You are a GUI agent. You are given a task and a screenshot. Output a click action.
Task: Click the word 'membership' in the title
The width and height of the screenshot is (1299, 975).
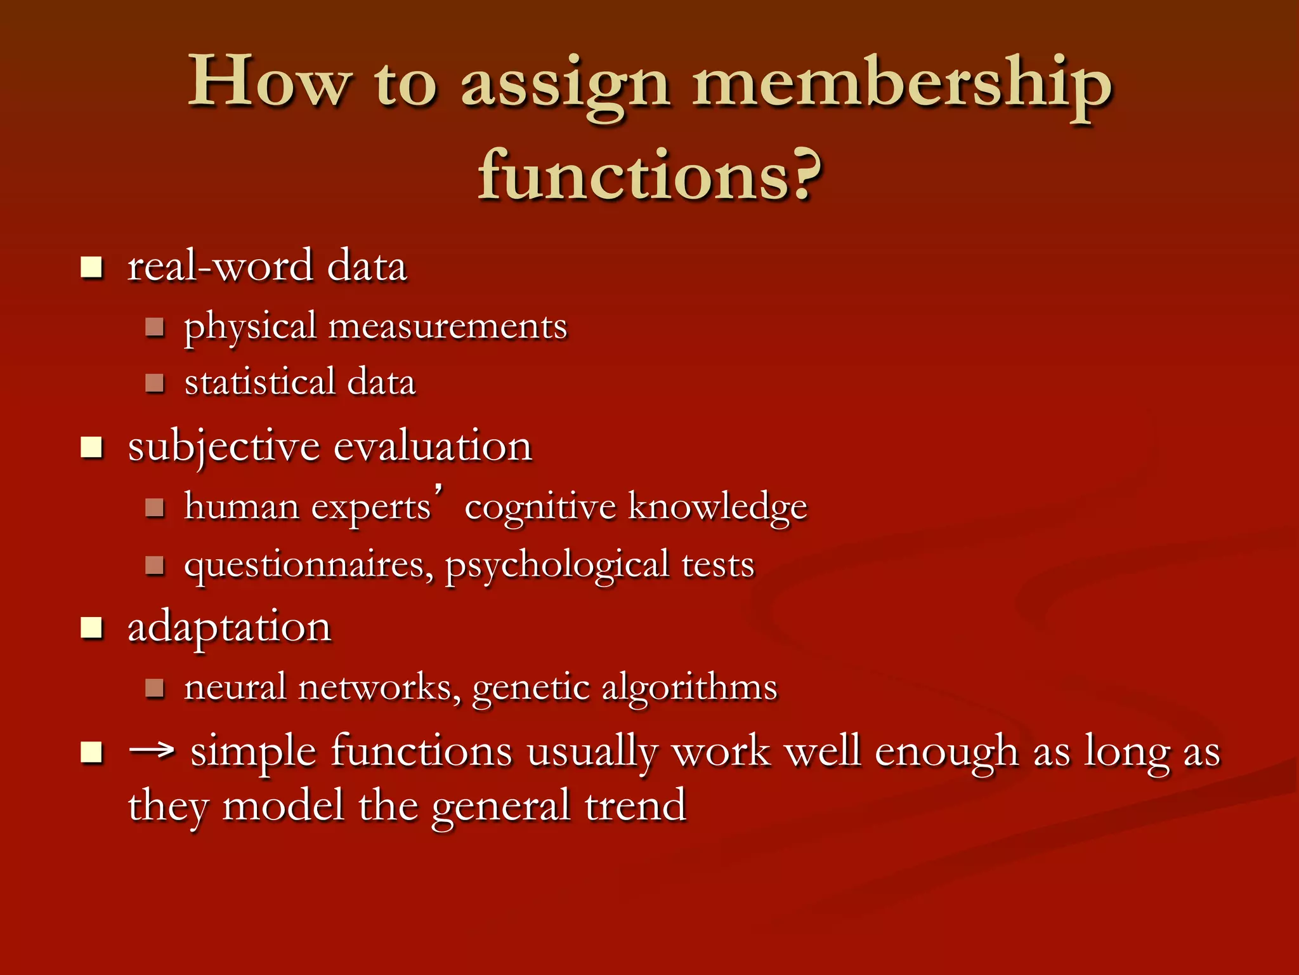[901, 86]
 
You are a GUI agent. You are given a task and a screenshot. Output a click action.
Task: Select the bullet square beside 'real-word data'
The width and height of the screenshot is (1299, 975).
[92, 267]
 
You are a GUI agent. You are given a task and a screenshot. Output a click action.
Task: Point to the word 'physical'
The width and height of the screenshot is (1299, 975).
[250, 328]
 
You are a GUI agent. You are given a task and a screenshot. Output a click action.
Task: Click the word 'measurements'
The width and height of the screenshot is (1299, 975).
[448, 327]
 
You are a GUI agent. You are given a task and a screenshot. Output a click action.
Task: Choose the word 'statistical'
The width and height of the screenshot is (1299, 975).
[259, 382]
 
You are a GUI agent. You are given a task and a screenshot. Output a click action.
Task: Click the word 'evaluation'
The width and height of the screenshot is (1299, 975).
[433, 446]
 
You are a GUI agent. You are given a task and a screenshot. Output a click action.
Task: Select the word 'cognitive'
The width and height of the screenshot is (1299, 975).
[540, 508]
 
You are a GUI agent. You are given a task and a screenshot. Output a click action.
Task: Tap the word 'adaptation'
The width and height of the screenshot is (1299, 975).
[230, 628]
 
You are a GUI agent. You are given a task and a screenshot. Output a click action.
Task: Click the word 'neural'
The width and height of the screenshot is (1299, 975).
[235, 687]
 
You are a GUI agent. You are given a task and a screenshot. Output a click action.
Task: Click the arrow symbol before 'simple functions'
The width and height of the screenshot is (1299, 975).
[152, 751]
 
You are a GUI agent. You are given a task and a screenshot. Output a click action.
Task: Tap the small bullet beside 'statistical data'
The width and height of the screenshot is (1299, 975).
[155, 383]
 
